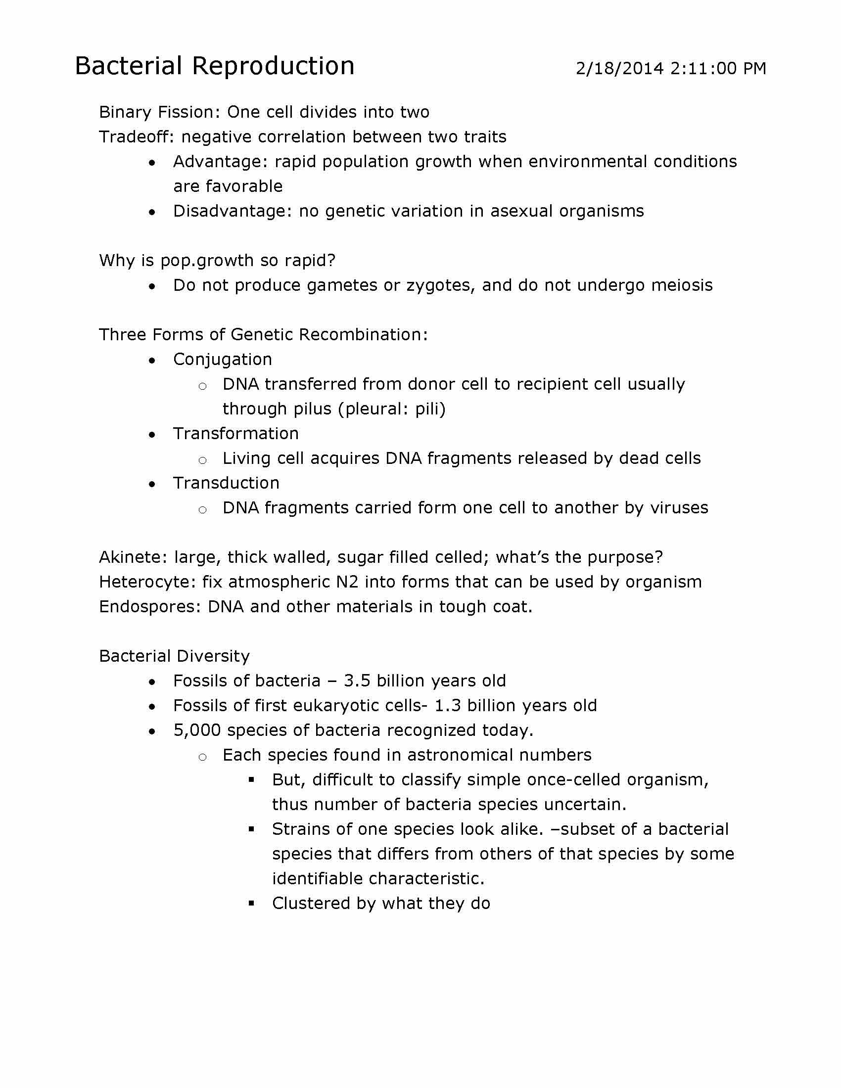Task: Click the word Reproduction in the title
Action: point(273,66)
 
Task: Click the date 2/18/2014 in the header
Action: point(619,68)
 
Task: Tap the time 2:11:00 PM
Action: point(718,68)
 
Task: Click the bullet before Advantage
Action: point(152,163)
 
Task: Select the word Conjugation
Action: point(222,359)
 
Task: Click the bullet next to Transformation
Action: point(152,435)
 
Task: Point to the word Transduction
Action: point(226,483)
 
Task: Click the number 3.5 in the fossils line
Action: point(357,681)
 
